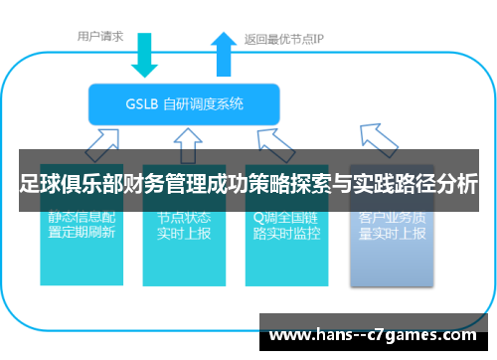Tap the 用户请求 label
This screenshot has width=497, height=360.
pyautogui.click(x=100, y=37)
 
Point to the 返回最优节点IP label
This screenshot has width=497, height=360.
pyautogui.click(x=284, y=40)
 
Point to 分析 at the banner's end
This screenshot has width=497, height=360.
pyautogui.click(x=459, y=185)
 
